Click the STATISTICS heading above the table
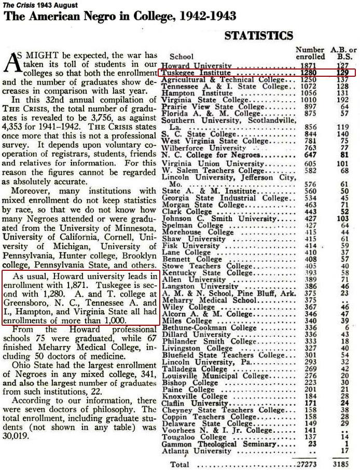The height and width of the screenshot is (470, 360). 258,35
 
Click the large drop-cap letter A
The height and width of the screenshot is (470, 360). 12,63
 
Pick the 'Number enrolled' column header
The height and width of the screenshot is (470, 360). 310,53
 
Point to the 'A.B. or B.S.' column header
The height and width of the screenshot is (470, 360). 342,53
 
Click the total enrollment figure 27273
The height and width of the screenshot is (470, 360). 307,463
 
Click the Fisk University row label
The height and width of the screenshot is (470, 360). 190,245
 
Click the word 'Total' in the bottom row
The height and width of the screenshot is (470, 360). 179,464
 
